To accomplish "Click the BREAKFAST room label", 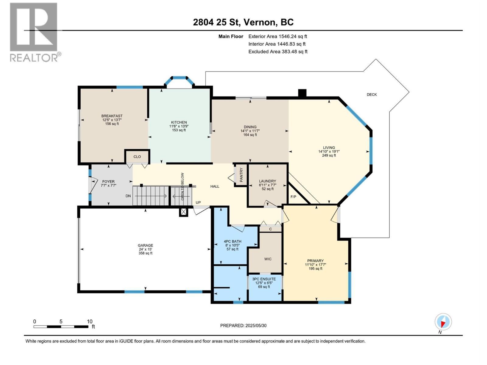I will pos(112,116).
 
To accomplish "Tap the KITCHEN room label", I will pos(179,122).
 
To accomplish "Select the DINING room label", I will pos(250,127).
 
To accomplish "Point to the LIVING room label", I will pos(329,148).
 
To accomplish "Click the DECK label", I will pos(372,95).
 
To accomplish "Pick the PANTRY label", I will pos(241,175).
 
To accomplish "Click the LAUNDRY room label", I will pos(268,181).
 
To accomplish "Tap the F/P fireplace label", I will pos(293,197).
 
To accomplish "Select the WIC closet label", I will pos(268,259).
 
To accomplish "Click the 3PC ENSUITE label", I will pos(264,279).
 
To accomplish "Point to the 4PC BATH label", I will pos(233,242).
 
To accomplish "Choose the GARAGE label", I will pos(145,245).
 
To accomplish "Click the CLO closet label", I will pos(137,157).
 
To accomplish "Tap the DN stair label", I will pos(128,196).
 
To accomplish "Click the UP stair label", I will pos(198,203).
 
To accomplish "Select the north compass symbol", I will pos(443,322).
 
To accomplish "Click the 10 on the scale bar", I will pos(89,322).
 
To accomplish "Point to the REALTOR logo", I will pos(34,32).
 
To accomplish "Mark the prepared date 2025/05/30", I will pos(256,325).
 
